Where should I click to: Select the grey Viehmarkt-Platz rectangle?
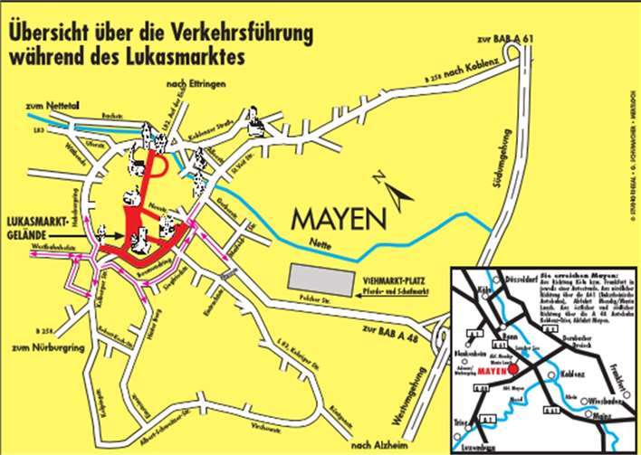point(323,280)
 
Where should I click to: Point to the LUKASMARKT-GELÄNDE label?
point(37,226)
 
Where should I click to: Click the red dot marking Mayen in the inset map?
point(514,369)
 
